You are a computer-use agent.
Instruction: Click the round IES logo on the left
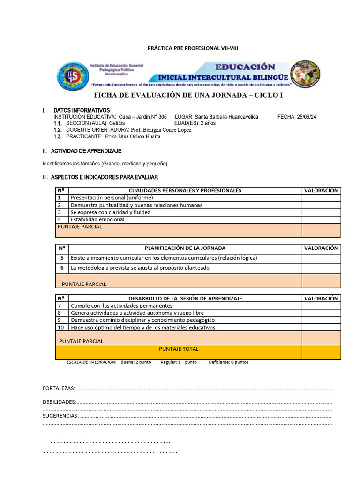pyautogui.click(x=73, y=77)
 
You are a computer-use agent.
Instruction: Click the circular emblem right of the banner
pyautogui.click(x=306, y=75)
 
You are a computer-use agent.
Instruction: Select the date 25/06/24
pyautogui.click(x=305, y=117)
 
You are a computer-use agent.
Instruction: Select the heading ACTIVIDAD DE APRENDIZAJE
pyautogui.click(x=86, y=151)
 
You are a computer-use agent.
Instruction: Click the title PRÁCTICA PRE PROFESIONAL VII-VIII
pyautogui.click(x=196, y=48)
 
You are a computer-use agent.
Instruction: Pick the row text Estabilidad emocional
pyautogui.click(x=97, y=219)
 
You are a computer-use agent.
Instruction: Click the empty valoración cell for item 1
pyautogui.click(x=321, y=198)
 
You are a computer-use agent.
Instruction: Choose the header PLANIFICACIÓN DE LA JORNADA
pyautogui.click(x=185, y=248)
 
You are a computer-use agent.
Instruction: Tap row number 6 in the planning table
pyautogui.click(x=62, y=268)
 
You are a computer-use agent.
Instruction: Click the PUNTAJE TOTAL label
pyautogui.click(x=179, y=349)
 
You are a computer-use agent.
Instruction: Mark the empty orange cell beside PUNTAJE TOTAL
pyautogui.click(x=321, y=352)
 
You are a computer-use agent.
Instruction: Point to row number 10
pyautogui.click(x=61, y=327)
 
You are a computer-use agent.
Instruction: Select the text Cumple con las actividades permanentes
pyautogui.click(x=121, y=306)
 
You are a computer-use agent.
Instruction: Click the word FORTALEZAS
pyautogui.click(x=59, y=389)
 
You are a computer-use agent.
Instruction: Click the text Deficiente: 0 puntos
pyautogui.click(x=229, y=362)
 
